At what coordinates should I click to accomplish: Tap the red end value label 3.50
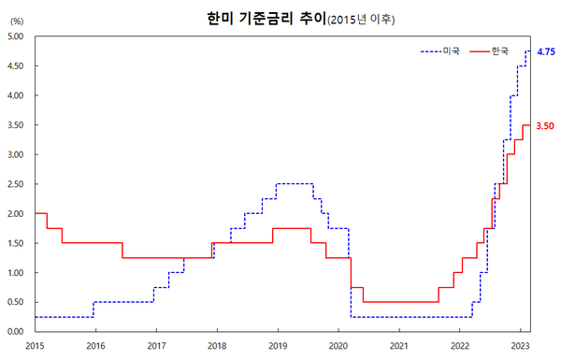coord(545,124)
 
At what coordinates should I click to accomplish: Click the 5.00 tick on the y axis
coord(16,36)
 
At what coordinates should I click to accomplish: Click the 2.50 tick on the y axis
coord(16,184)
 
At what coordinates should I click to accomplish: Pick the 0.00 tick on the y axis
coord(16,331)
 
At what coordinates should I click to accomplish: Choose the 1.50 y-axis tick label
coord(16,243)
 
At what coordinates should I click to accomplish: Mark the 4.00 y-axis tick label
coord(16,95)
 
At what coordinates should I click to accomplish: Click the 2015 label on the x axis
coord(35,345)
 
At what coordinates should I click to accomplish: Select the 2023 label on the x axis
coord(520,345)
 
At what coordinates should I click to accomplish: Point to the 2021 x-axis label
coord(399,345)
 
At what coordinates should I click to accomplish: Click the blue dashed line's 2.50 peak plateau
coord(295,184)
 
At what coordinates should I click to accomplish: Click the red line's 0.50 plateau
coord(400,302)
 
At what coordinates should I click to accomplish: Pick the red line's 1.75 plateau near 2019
coord(292,228)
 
